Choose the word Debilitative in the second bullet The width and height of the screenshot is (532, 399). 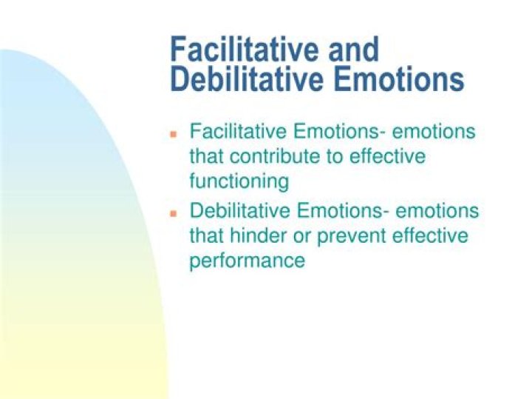pyautogui.click(x=240, y=211)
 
